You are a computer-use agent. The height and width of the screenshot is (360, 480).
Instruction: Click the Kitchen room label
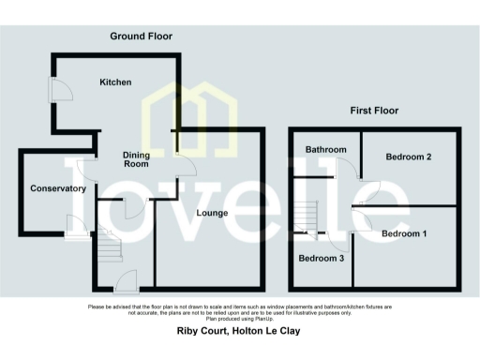click(115, 82)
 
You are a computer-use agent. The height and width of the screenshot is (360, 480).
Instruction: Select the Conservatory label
click(57, 188)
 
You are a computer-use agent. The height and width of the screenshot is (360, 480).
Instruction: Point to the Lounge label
click(214, 213)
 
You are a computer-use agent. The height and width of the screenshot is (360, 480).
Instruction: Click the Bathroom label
click(325, 150)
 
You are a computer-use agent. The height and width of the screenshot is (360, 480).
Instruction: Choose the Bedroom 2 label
click(408, 157)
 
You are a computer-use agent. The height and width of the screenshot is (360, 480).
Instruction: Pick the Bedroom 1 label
click(404, 232)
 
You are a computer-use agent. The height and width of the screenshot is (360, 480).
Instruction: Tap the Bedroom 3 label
click(322, 257)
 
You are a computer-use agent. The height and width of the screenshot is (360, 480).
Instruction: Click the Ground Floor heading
click(142, 37)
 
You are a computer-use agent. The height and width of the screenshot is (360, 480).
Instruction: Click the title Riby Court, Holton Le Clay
click(239, 331)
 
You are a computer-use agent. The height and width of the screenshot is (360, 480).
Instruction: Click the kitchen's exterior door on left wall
click(57, 90)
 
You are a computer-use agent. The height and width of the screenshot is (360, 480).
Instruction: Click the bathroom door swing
click(347, 169)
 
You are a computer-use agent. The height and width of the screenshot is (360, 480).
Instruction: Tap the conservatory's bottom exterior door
click(73, 225)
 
